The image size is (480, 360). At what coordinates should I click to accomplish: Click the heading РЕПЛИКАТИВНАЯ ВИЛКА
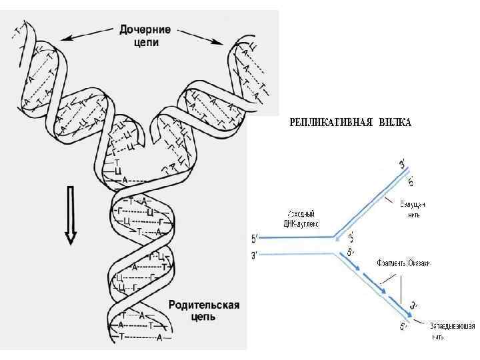(350, 123)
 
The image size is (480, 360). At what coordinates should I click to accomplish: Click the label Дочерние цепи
(145, 35)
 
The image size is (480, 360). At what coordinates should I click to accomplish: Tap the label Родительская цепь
(203, 311)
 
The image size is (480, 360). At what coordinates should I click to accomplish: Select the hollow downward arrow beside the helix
(70, 216)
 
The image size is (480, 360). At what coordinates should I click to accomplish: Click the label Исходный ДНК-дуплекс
(294, 217)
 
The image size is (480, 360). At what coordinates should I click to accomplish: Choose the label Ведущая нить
(411, 207)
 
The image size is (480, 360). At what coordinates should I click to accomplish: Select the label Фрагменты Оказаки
(403, 263)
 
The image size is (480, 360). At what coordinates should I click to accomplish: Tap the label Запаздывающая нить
(452, 330)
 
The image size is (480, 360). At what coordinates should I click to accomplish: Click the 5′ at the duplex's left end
(253, 238)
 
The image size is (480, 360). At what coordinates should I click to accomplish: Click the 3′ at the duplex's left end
(253, 254)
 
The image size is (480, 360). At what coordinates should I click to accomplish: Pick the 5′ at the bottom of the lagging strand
(404, 326)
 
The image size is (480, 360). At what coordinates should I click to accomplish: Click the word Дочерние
(145, 29)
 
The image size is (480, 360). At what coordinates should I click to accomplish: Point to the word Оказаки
(419, 263)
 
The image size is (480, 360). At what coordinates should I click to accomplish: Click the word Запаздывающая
(453, 325)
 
